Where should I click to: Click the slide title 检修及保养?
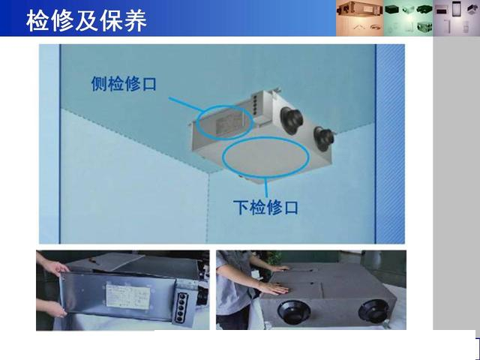(x=86, y=20)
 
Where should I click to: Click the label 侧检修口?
(x=124, y=83)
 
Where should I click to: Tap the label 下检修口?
(x=265, y=208)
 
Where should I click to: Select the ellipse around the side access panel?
(x=196, y=122)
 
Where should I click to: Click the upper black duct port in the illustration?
(x=291, y=121)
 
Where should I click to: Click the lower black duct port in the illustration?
(x=323, y=139)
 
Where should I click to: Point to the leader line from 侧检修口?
(x=186, y=105)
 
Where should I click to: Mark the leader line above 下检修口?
(x=266, y=187)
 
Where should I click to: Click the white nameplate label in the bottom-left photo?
(x=128, y=296)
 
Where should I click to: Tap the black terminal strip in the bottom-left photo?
(x=183, y=307)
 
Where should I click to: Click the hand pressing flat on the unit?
(x=274, y=288)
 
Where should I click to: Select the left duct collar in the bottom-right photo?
(x=293, y=312)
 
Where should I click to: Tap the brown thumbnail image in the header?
(x=360, y=18)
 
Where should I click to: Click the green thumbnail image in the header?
(x=408, y=18)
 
